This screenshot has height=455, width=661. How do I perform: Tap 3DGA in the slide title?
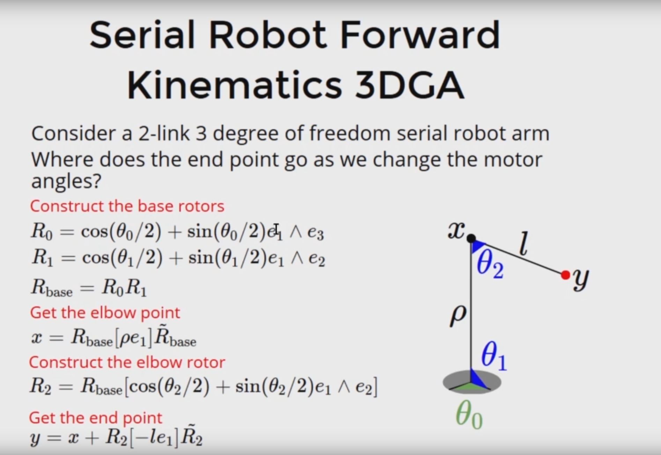[x=410, y=85]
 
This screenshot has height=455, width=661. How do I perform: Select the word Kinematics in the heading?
[x=234, y=85]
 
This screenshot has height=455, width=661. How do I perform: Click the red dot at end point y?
[x=565, y=275]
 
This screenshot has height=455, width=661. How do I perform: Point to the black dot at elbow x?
[x=471, y=238]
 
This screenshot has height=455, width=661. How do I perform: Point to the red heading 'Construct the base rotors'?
[x=127, y=206]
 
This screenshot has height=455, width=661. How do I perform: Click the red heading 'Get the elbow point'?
[x=105, y=313]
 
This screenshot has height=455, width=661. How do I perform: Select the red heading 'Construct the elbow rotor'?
[x=127, y=362]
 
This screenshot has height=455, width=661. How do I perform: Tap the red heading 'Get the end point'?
[x=95, y=418]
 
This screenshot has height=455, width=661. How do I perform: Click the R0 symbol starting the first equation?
[x=42, y=231]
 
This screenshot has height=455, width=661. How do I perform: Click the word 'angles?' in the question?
[x=66, y=181]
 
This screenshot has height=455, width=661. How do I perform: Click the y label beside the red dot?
[x=581, y=279]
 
